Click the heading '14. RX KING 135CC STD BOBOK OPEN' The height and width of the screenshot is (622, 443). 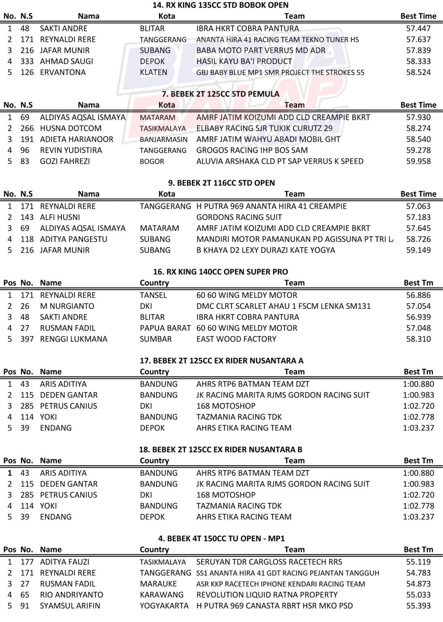point(220,5)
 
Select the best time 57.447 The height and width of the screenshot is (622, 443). point(418,28)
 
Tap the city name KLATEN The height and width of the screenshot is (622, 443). point(154,72)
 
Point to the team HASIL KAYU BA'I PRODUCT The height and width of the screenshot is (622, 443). point(244,61)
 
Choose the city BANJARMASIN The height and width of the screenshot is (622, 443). point(164,139)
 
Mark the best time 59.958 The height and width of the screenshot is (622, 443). point(418,161)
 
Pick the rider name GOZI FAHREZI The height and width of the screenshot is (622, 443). point(65,161)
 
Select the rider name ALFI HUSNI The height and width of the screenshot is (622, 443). point(60,217)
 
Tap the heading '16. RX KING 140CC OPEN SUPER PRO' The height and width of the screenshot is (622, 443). point(220,272)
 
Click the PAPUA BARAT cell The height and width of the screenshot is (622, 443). point(165,328)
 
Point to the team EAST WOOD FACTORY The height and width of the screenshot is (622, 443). point(236,339)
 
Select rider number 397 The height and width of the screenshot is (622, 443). point(27,339)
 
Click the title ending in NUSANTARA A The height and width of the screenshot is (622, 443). point(221,361)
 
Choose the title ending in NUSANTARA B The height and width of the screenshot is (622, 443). point(221,449)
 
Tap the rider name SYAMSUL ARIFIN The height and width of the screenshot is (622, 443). point(70,605)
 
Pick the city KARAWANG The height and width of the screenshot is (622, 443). point(162,594)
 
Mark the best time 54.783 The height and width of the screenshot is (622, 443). point(418,573)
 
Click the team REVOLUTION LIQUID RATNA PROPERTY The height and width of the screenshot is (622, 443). point(267,594)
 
